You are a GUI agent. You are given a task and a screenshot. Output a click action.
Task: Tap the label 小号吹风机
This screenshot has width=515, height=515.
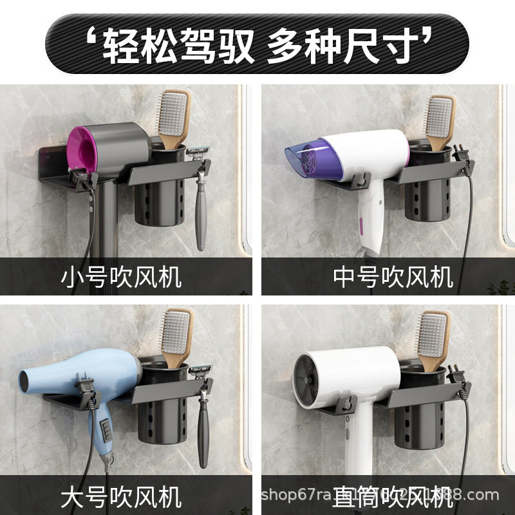pos(122,277)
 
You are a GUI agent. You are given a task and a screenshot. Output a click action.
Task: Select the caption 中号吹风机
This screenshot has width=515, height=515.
pos(393,277)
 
